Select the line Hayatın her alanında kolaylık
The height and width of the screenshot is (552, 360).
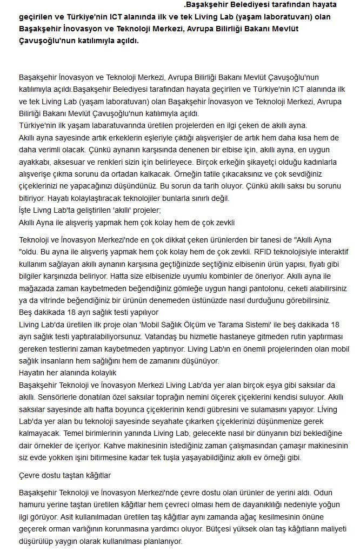click(x=68, y=373)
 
